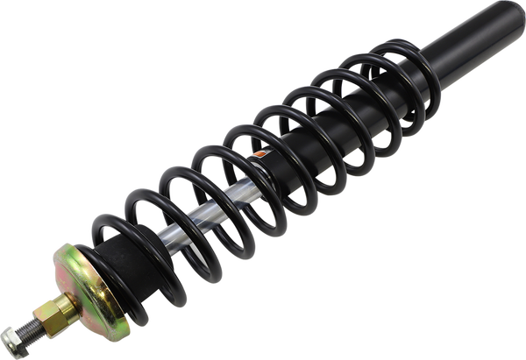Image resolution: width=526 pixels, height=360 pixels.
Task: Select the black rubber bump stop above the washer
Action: pos(124,262)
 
